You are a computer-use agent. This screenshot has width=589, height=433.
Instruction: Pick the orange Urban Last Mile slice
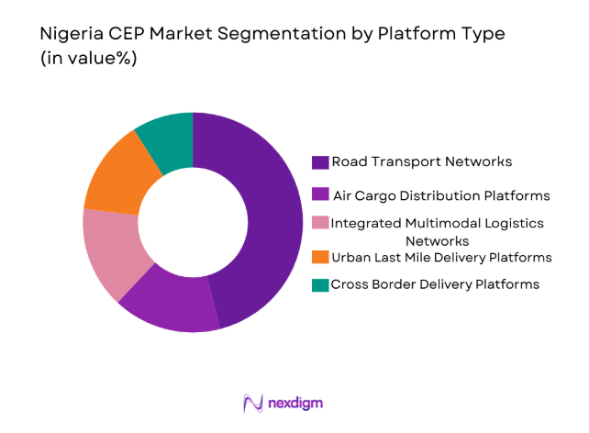point(114,175)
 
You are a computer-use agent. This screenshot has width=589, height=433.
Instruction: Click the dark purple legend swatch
point(320,162)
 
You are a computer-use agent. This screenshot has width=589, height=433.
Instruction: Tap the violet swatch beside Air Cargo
point(320,194)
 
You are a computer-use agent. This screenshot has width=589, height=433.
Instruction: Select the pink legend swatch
point(320,224)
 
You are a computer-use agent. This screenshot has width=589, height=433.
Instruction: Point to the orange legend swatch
point(320,256)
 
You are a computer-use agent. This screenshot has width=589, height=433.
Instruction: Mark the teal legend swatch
point(320,284)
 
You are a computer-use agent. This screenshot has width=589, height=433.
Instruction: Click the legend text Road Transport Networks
point(422,162)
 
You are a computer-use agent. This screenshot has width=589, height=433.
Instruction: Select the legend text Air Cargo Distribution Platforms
point(441,194)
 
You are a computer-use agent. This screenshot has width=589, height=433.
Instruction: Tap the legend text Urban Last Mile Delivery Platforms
point(441,256)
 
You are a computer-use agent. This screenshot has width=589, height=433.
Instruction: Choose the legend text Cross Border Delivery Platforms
point(435,284)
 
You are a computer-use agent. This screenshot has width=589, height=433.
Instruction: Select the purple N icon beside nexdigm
point(253,403)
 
